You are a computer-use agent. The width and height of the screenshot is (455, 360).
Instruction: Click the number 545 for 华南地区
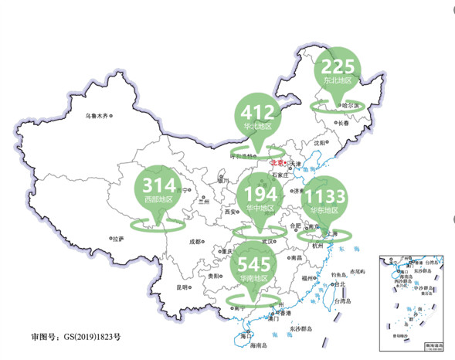253,264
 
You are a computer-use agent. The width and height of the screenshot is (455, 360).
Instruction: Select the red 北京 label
277,162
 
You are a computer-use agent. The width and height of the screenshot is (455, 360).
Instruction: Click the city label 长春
344,123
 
